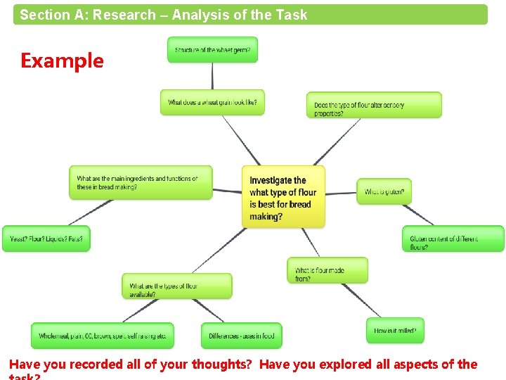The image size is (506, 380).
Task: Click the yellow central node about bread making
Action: [x=283, y=196]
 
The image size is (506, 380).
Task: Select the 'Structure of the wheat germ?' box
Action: [x=212, y=50]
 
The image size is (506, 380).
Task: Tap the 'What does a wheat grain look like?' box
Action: [x=212, y=102]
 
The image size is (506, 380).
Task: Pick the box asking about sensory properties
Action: [x=374, y=106]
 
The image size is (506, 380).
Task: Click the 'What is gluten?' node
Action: [x=384, y=191]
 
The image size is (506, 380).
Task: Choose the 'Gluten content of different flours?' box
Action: [x=453, y=239]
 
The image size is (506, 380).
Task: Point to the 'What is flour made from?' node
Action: [x=327, y=271]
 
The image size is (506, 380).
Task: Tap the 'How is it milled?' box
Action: [x=395, y=331]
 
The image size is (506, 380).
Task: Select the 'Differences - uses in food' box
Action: [x=241, y=336]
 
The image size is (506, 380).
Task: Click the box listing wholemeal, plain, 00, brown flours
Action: [x=103, y=336]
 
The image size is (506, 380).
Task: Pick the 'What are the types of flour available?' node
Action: [x=176, y=286]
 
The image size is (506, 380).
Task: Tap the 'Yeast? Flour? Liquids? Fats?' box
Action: [x=46, y=239]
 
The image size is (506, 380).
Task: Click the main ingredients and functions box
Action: [x=141, y=183]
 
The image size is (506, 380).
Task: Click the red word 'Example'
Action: [x=62, y=61]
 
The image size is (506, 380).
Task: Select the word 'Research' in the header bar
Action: [x=124, y=15]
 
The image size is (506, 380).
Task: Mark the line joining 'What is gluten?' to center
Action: [x=342, y=193]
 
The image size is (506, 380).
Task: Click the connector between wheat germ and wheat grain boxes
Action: [x=212, y=76]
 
